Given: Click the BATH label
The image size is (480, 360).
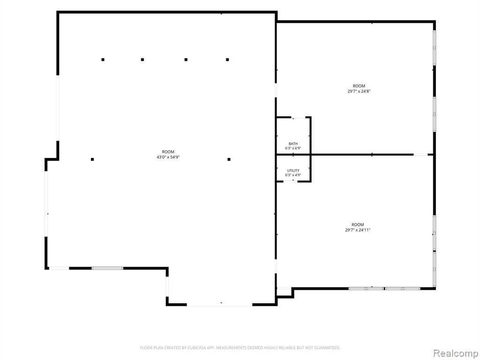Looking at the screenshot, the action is [x=293, y=143].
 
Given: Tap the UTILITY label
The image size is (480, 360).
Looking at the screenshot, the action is [x=293, y=171].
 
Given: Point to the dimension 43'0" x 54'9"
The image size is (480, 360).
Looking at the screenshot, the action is [x=168, y=157].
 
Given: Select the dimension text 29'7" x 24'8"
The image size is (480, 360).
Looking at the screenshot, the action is [x=359, y=91].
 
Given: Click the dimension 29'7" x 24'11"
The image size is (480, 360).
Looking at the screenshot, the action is [x=358, y=230].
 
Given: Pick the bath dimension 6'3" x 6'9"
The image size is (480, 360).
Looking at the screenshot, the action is [x=293, y=149].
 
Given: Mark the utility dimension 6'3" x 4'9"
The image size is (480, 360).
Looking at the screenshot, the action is [x=293, y=175].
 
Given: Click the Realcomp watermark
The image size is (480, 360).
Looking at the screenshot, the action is [x=456, y=353].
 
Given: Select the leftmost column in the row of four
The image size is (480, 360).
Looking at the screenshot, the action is [x=103, y=60].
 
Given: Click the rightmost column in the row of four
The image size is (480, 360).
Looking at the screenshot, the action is [x=227, y=60].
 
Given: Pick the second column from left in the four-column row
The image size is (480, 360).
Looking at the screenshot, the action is [x=142, y=60].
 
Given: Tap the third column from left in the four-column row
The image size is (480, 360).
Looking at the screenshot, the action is [x=186, y=60].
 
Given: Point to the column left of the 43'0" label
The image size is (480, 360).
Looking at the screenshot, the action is [x=92, y=159].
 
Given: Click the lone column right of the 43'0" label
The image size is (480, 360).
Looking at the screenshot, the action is [x=229, y=159].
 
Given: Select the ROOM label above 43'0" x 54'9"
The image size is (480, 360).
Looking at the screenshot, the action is [x=168, y=152].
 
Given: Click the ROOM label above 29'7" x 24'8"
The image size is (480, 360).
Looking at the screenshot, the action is [x=359, y=86].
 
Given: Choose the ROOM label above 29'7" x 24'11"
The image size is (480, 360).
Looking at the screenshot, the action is [x=358, y=225].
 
